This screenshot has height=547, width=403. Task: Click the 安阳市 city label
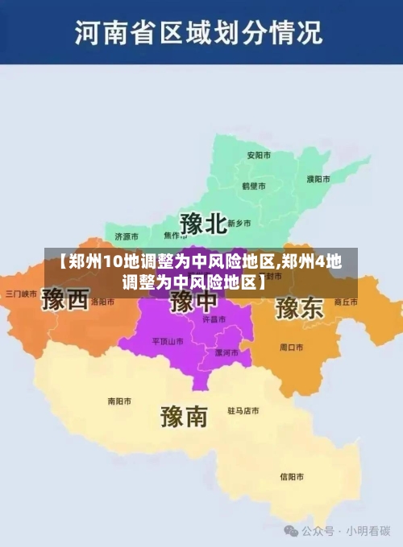point(258,154)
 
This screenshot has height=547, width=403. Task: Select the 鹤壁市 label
point(254,185)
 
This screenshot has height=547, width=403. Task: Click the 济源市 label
point(127,236)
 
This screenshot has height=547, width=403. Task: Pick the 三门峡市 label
point(22,294)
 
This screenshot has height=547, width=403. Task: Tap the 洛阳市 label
point(102,302)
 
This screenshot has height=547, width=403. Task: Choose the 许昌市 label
point(214,319)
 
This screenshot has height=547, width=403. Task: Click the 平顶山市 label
point(168,341)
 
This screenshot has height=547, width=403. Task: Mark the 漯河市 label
point(226,352)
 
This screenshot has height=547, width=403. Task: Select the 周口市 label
point(291,348)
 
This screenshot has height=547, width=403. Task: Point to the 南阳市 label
point(119,401)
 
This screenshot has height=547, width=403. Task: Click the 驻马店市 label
point(243,411)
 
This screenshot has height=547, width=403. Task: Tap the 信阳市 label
point(291,476)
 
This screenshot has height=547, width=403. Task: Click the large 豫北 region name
point(202,223)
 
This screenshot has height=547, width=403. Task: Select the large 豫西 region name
point(65,300)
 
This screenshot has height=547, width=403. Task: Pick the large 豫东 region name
point(299,307)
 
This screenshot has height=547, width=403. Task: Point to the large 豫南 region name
point(184,415)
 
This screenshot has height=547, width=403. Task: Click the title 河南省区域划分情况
point(198,33)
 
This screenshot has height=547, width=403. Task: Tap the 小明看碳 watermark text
point(368,531)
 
